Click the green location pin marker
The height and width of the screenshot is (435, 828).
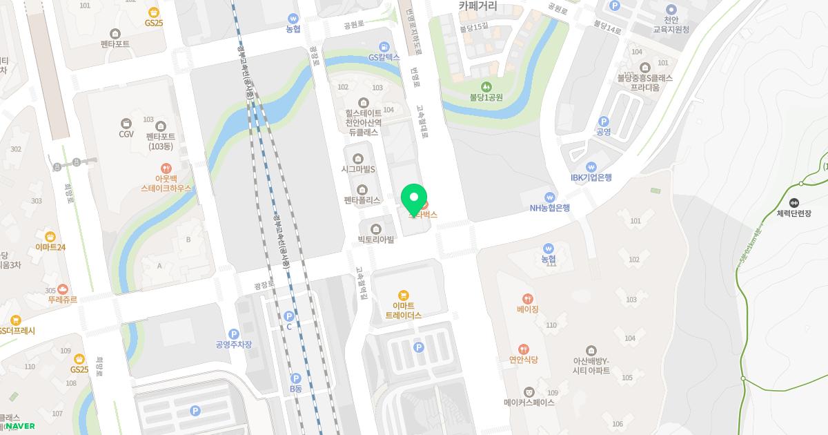click(414, 198)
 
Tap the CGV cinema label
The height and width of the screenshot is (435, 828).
click(126, 134)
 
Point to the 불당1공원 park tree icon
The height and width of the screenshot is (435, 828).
click(486, 86)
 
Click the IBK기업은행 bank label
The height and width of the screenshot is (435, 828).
click(591, 177)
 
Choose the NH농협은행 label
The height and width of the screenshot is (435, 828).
click(550, 207)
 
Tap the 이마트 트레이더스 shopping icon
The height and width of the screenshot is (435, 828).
click(404, 296)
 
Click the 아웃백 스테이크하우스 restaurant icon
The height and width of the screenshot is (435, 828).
click(166, 168)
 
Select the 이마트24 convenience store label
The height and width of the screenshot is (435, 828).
click(50, 247)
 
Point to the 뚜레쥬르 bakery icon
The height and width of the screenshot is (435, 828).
click(62, 289)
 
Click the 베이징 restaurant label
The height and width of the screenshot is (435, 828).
click(527, 310)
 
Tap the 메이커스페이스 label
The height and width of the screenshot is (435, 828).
click(529, 403)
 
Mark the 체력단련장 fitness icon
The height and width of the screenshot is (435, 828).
click(793, 202)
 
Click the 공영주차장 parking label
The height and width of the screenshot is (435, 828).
click(233, 345)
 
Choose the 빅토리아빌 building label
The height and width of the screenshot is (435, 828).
click(376, 240)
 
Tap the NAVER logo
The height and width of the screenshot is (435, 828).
click(20, 426)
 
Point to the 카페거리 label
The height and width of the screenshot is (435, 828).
click(488, 7)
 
